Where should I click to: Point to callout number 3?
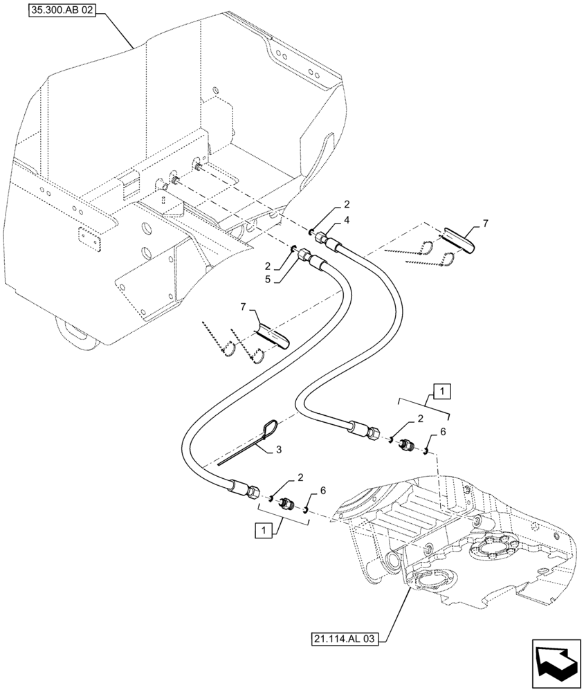278,449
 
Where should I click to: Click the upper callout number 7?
485,223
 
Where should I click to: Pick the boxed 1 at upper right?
443,392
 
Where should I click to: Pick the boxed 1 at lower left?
263,531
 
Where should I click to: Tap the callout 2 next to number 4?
347,205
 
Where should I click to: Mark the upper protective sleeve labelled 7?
457,238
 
